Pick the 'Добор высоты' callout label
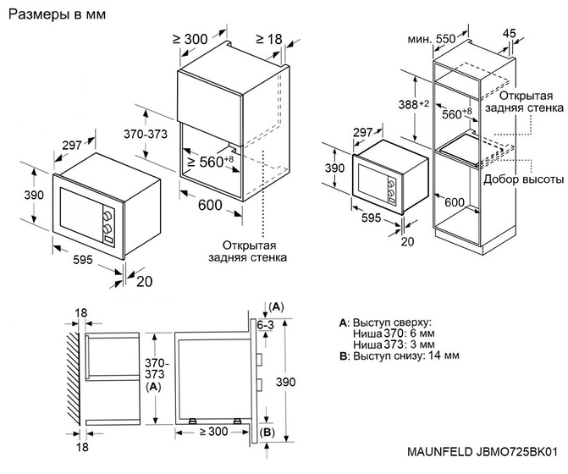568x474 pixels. [523, 180]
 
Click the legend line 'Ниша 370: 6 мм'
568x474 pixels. [394, 333]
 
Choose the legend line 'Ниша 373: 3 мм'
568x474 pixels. [394, 344]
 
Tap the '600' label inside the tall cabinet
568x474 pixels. [455, 202]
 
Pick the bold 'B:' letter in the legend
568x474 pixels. [343, 355]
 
